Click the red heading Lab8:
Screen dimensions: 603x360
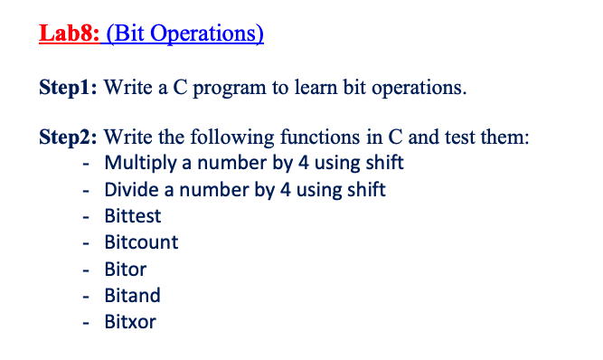click(x=70, y=33)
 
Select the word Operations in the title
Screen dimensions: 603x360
click(x=203, y=34)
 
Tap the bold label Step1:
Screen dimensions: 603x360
click(x=68, y=88)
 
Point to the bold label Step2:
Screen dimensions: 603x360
click(x=68, y=137)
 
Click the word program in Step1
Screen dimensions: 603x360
click(x=230, y=89)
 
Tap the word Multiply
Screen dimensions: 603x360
click(x=140, y=163)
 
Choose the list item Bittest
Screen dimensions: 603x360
click(x=133, y=216)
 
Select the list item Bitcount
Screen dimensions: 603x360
click(x=141, y=242)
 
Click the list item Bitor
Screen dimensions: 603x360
click(x=126, y=269)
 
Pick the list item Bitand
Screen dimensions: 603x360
click(x=132, y=296)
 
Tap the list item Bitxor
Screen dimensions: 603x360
click(x=130, y=322)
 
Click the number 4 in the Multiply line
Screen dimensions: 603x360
click(x=304, y=163)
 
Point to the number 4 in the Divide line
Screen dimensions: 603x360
click(x=286, y=190)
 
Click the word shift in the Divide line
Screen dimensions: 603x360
click(x=366, y=190)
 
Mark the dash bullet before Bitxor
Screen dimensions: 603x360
click(x=86, y=323)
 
